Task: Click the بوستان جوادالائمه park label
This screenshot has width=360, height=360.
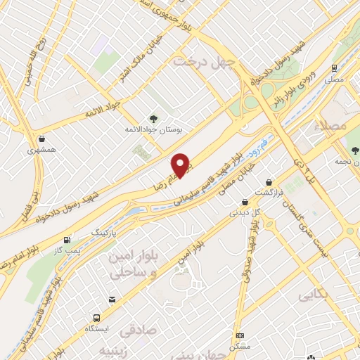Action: click(x=155, y=131)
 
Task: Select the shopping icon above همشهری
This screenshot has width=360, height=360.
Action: click(x=43, y=139)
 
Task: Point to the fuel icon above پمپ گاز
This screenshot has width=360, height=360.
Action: click(x=67, y=240)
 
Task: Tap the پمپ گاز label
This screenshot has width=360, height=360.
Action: click(x=68, y=251)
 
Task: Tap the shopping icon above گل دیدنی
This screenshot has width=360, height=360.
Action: click(x=244, y=202)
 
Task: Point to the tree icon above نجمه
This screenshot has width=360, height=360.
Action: click(x=355, y=150)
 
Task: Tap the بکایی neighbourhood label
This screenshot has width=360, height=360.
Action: click(x=314, y=295)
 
